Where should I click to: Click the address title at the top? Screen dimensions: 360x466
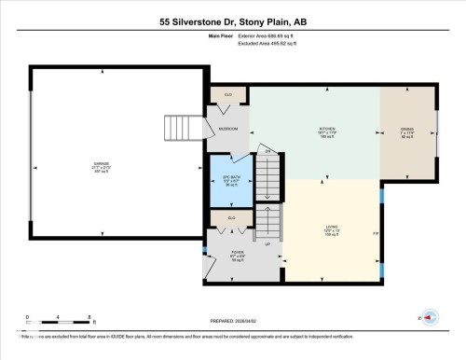(232, 19)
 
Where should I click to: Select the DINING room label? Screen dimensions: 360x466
(406, 131)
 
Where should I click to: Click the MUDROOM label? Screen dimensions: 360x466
(228, 129)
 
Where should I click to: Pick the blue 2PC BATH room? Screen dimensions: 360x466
(229, 179)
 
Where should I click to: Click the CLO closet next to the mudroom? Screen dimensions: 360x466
(227, 94)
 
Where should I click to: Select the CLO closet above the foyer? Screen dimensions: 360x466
(231, 218)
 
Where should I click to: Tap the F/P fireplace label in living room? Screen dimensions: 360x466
(376, 233)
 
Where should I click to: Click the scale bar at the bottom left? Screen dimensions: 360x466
(58, 317)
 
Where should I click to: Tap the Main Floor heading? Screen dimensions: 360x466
(193, 35)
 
